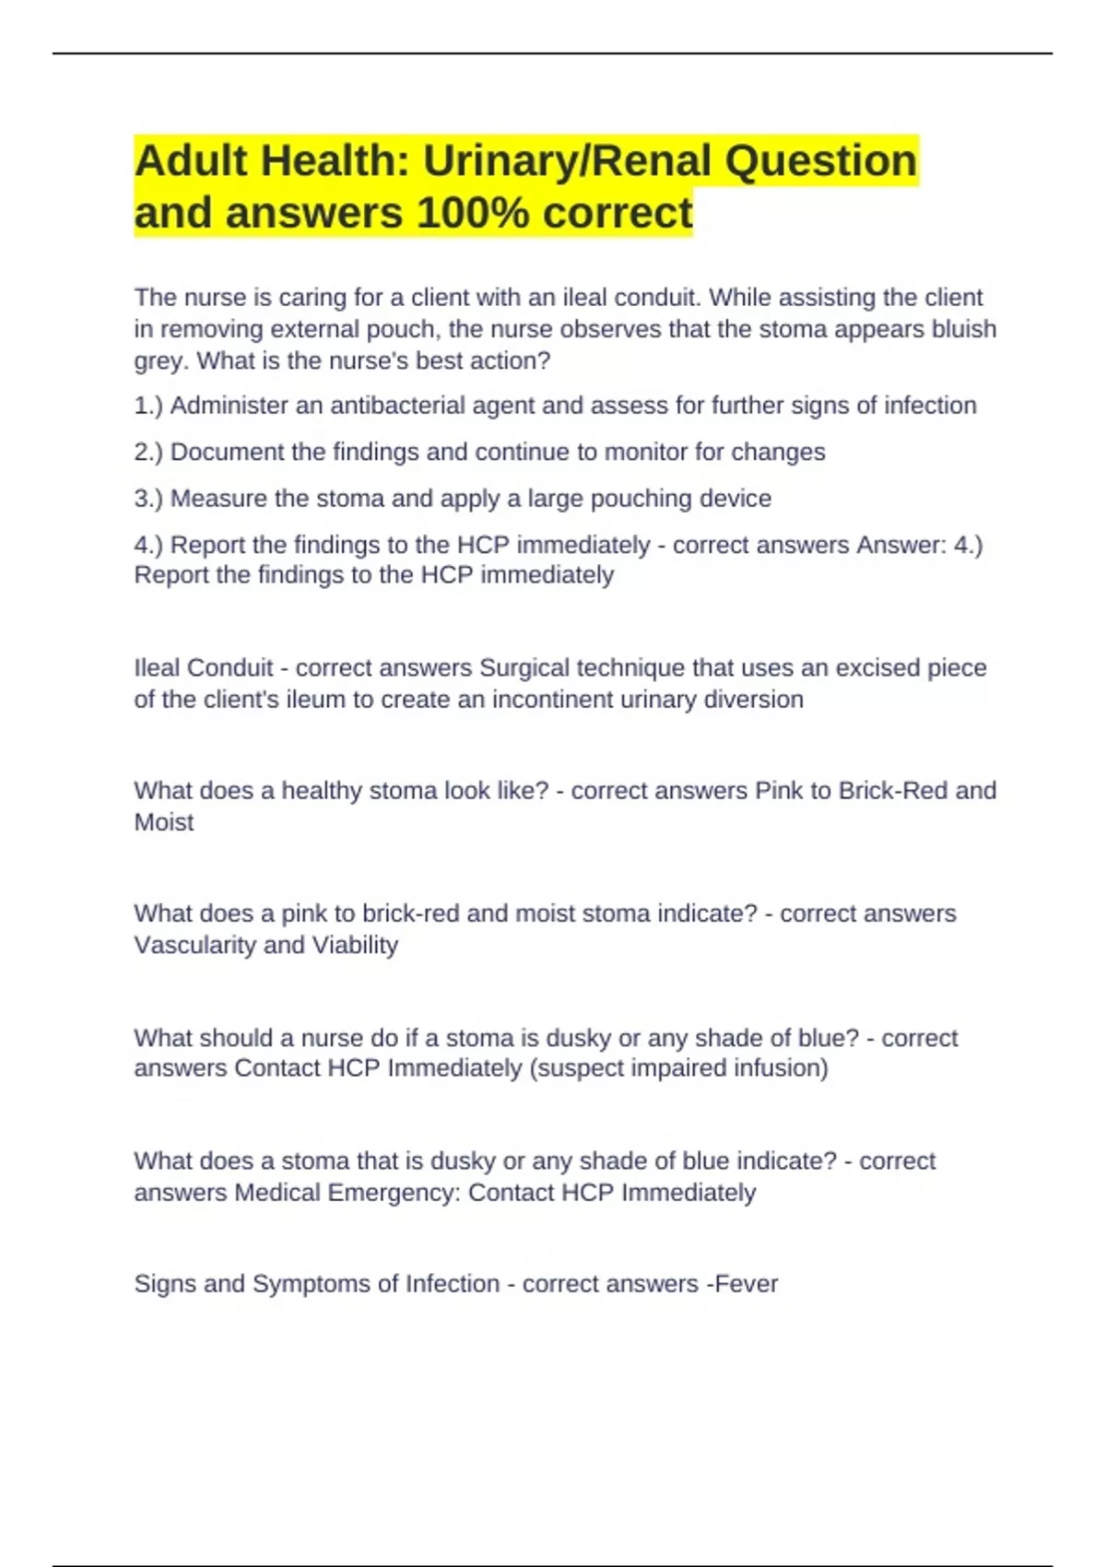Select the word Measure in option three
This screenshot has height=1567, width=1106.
(218, 499)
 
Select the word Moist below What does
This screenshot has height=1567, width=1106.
(164, 822)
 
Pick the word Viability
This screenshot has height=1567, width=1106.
(355, 946)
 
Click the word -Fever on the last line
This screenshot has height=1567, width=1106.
(742, 1284)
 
